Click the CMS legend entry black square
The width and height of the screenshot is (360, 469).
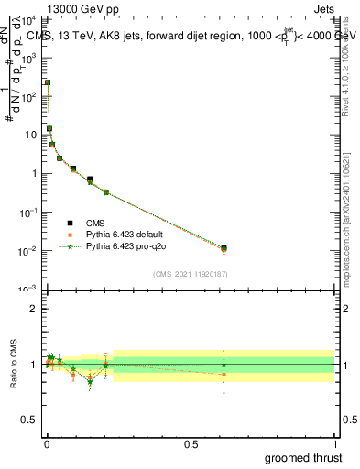tap(69, 223)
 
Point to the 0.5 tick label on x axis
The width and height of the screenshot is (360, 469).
tap(191, 443)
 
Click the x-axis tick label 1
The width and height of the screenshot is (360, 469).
tap(334, 443)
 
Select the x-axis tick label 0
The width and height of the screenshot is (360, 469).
tap(47, 443)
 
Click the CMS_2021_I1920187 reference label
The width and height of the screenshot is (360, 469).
tap(190, 274)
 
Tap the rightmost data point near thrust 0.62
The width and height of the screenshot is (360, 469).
tap(224, 248)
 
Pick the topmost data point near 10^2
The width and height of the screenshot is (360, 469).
tap(48, 82)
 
